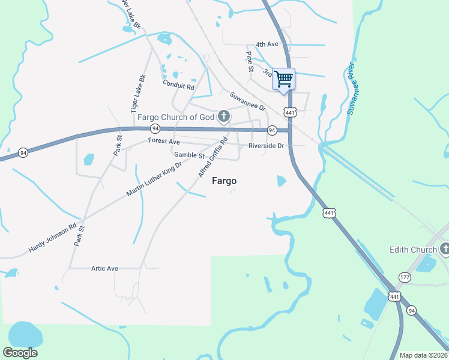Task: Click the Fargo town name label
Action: click(224, 181)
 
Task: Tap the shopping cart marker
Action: click(283, 78)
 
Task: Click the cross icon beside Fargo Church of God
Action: click(224, 116)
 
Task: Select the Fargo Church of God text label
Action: click(176, 116)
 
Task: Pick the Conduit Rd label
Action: click(179, 86)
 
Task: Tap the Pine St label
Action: click(250, 62)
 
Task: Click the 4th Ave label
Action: click(267, 44)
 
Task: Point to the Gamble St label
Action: click(190, 155)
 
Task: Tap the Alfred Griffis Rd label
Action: click(213, 157)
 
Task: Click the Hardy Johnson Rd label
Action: click(52, 238)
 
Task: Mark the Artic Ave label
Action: click(104, 268)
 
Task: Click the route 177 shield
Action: click(405, 277)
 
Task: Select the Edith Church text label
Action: click(412, 250)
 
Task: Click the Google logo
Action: click(20, 353)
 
